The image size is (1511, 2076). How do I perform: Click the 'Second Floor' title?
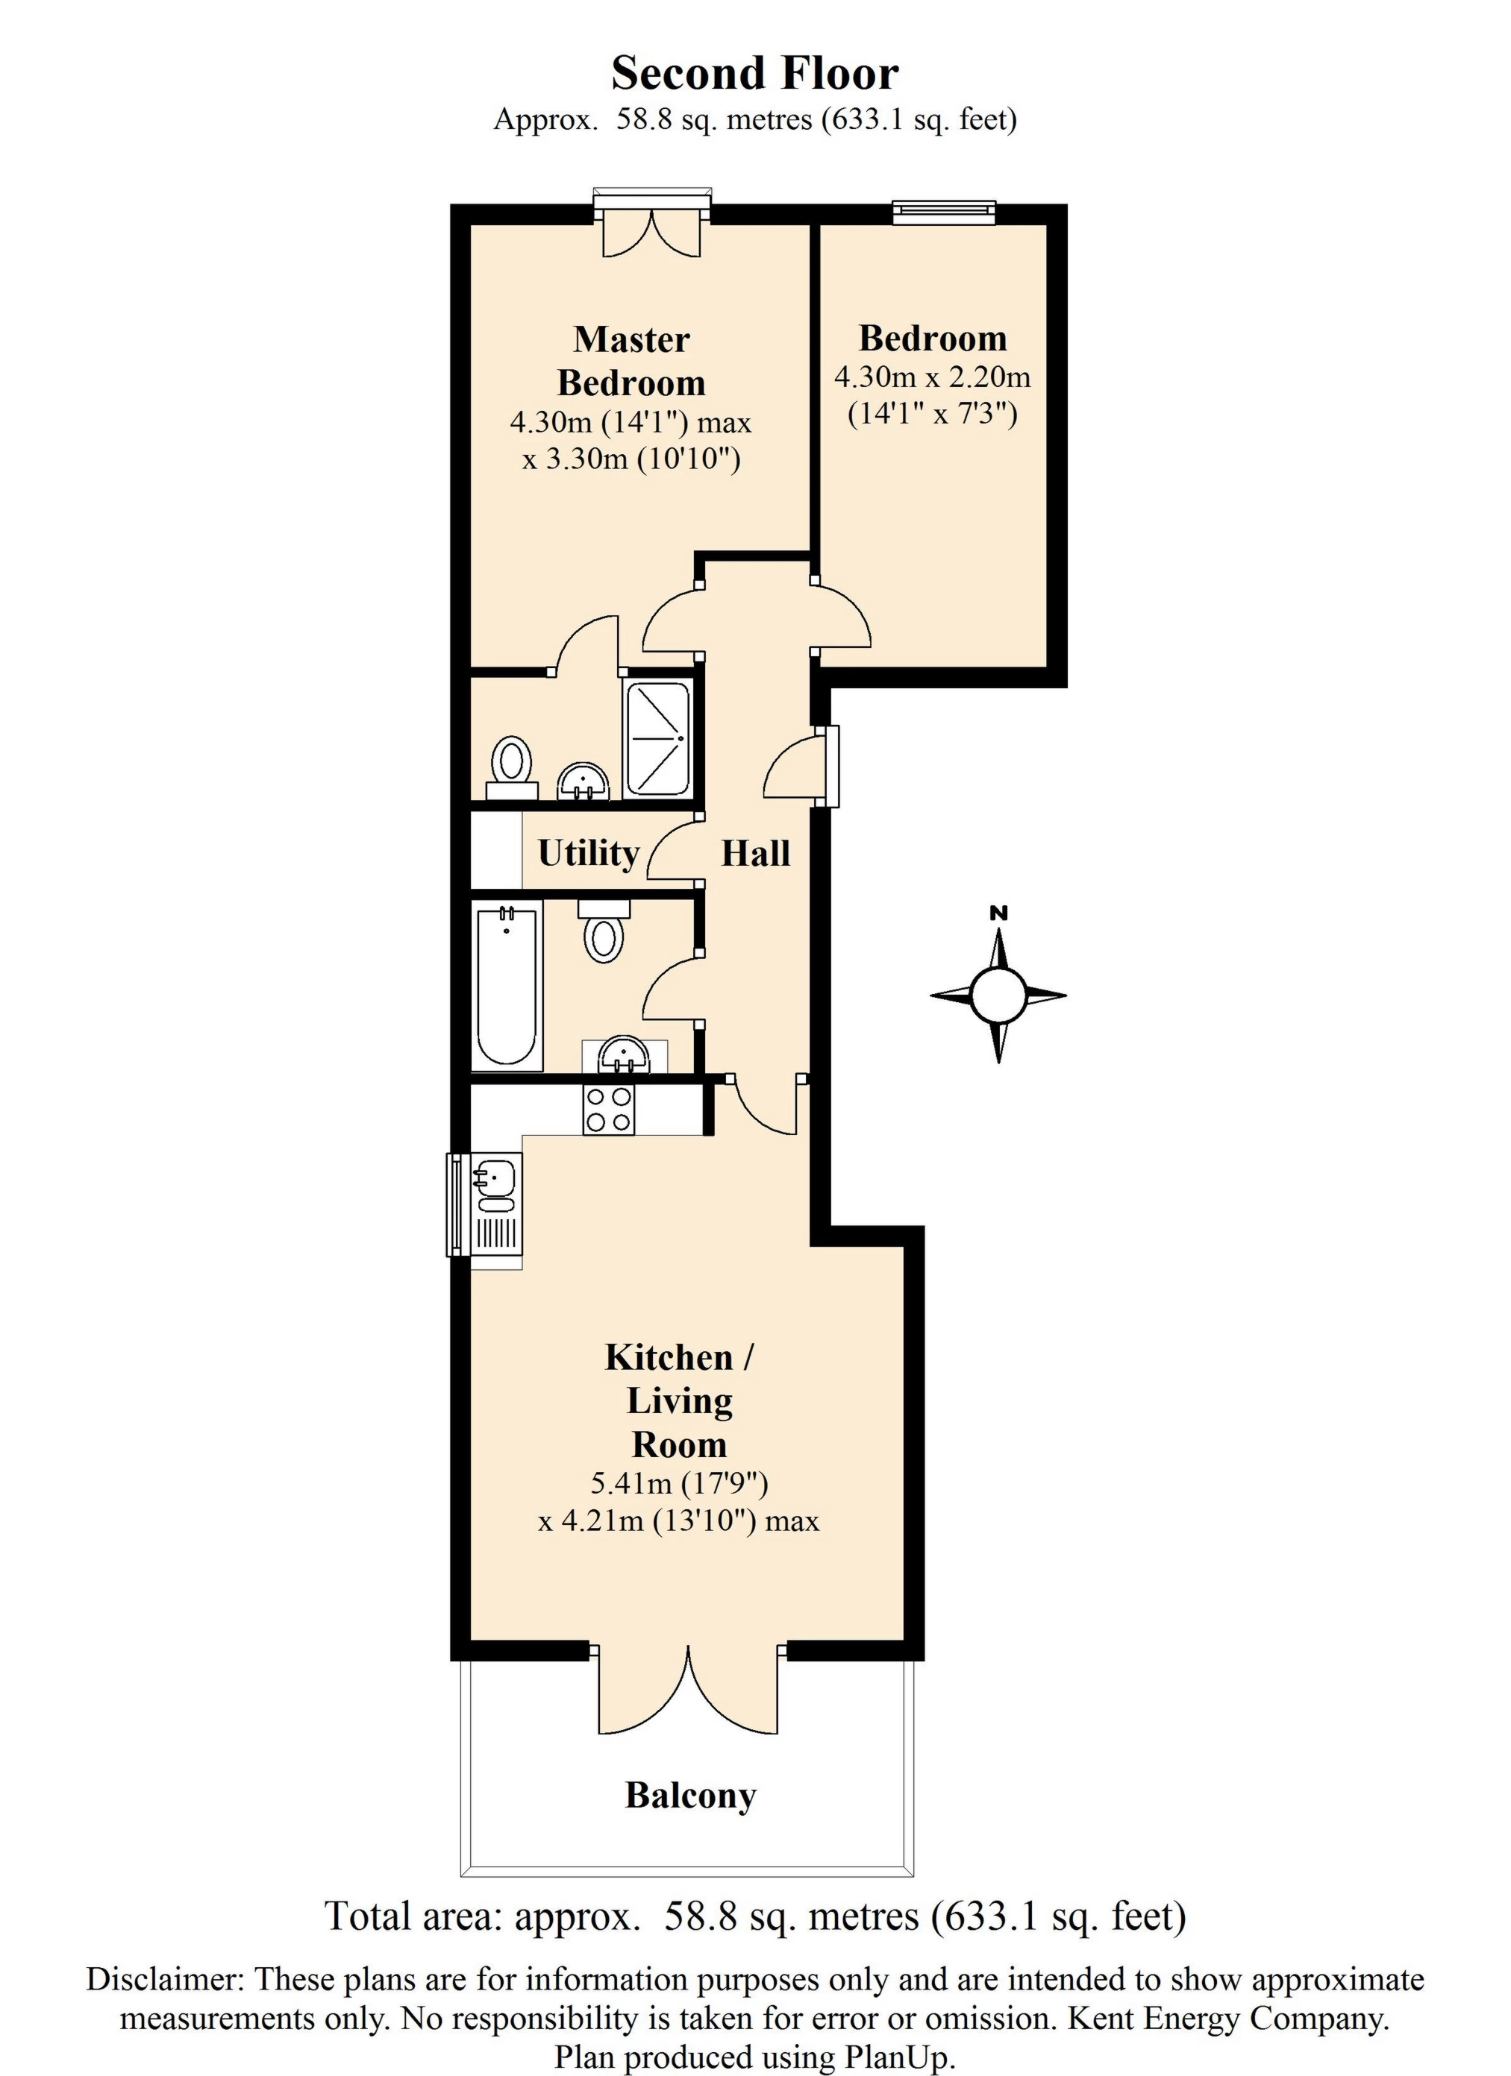pos(754,73)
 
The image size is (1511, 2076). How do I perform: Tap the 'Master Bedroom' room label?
pos(632,362)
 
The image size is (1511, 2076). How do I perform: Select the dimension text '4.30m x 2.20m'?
pos(932,377)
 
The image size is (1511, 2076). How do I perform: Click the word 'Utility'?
pos(588,854)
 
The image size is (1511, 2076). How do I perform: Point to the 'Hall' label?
pos(755,854)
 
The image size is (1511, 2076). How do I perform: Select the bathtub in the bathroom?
pos(507,985)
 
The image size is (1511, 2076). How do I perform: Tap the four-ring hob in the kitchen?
pos(608,1110)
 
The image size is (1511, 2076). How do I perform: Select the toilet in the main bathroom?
pos(604,929)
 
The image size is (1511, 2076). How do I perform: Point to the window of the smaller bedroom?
pos(943,213)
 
